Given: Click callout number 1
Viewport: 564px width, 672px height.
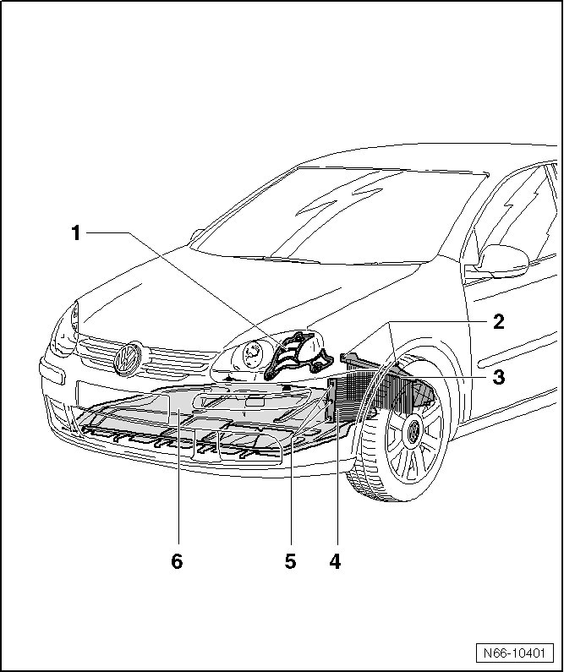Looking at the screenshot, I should (x=76, y=232).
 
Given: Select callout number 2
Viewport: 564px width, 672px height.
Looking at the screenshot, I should (x=499, y=321).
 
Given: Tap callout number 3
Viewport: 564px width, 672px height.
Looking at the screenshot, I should (x=499, y=376).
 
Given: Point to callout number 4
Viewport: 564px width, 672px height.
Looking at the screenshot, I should (x=335, y=561).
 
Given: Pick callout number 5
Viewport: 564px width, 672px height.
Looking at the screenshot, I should (x=290, y=561).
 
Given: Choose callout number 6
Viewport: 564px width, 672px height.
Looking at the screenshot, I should (x=177, y=561).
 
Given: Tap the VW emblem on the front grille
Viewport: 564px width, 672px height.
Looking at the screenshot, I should (x=128, y=358).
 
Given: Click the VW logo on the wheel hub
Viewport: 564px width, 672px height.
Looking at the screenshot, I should (x=415, y=433).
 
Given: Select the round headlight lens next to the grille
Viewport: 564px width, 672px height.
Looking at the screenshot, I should (x=250, y=356).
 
